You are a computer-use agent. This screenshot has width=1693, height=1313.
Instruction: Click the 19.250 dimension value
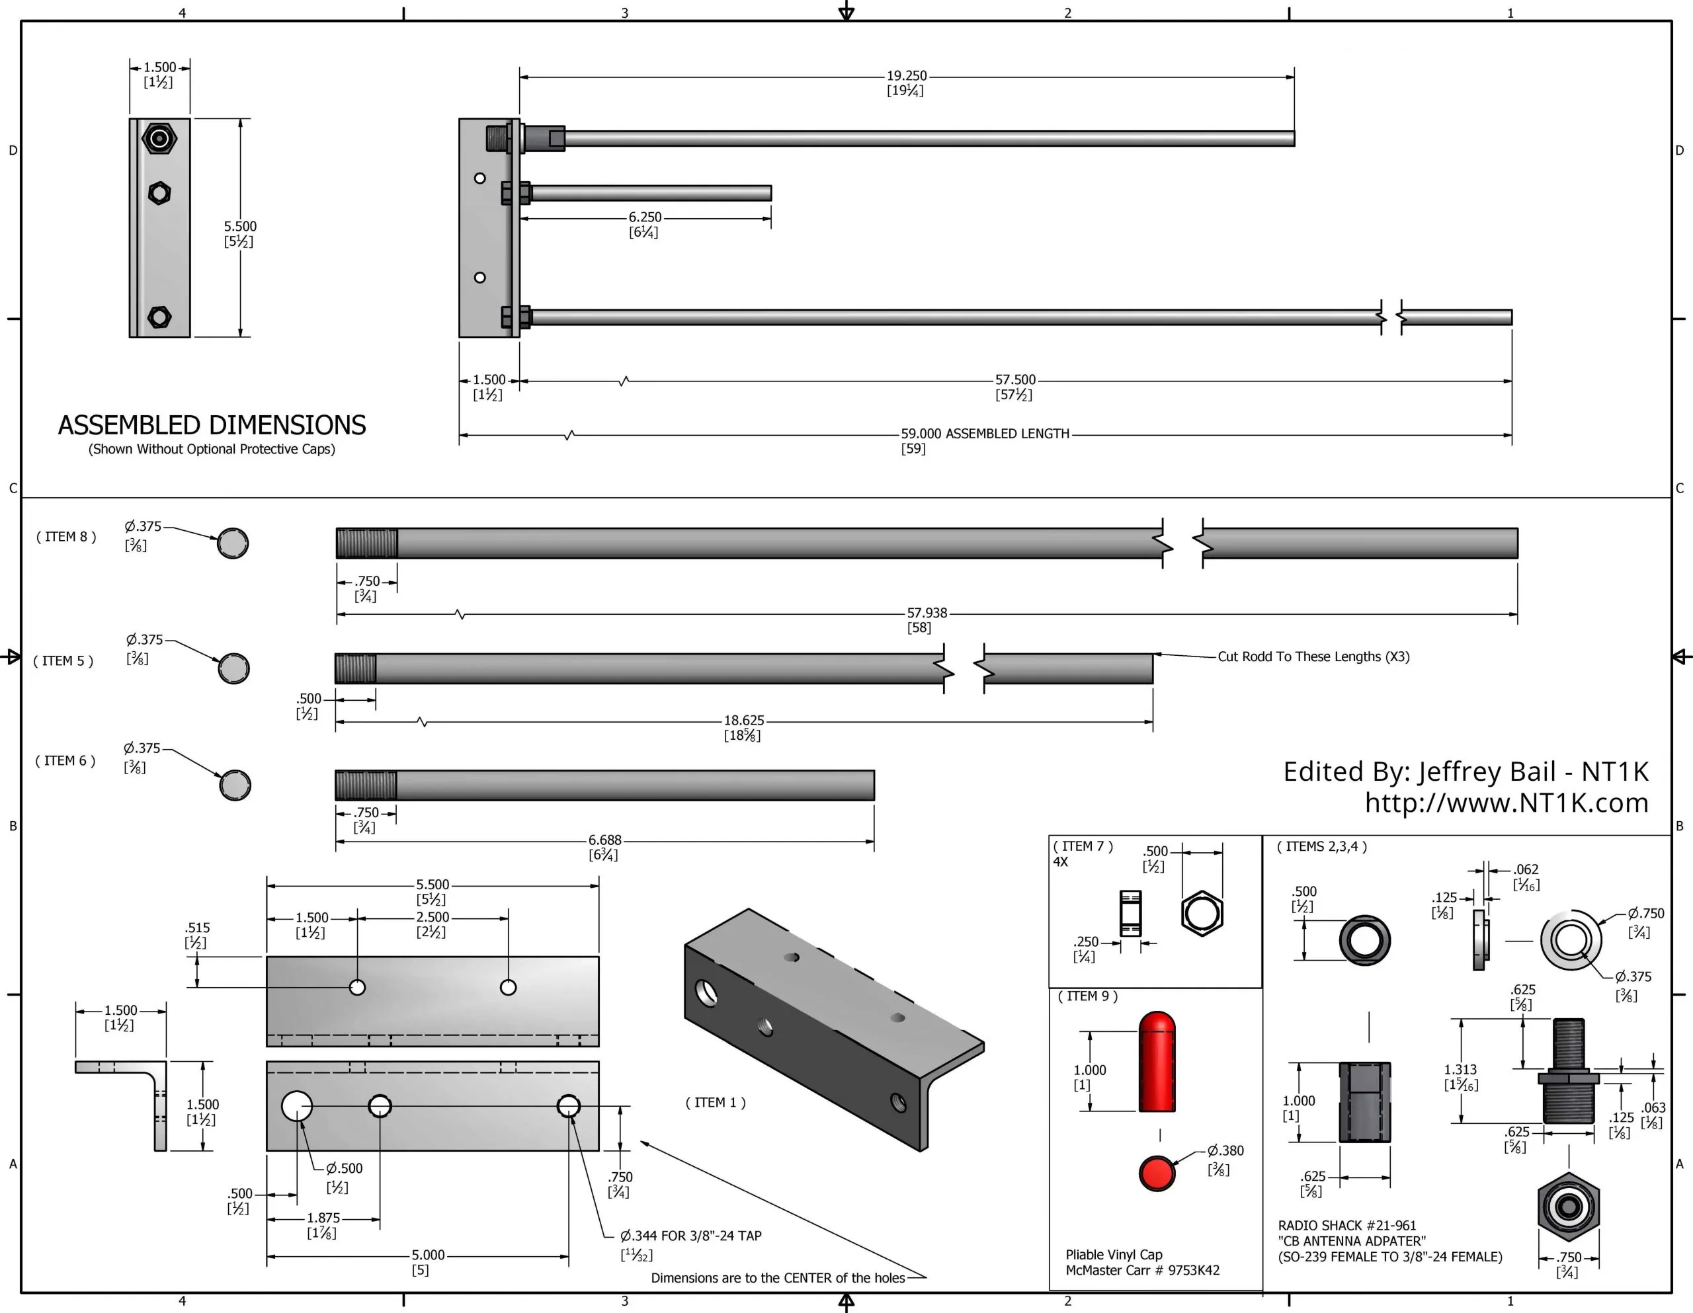pos(906,76)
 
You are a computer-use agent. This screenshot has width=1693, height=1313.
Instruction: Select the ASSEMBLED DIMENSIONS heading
pos(212,426)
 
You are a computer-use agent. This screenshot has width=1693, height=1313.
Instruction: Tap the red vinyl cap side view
pos(1157,1062)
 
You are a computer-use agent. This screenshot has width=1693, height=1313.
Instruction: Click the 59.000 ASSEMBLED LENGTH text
pos(985,434)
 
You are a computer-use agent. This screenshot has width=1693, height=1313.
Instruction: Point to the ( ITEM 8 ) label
pos(66,536)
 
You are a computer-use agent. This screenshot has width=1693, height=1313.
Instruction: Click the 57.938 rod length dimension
pos(927,613)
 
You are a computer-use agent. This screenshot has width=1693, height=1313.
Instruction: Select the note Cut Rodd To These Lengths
pos(1313,656)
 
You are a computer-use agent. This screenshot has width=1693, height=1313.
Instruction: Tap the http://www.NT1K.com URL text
pos(1507,803)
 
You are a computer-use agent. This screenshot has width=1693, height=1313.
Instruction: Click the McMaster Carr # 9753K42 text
pos(1142,1271)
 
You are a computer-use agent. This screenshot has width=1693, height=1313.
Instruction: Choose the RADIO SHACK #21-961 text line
pos(1346,1226)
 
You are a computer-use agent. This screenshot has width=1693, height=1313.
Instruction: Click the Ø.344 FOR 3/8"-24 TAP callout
pos(690,1236)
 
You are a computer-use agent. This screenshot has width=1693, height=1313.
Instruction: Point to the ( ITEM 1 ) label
pos(715,1102)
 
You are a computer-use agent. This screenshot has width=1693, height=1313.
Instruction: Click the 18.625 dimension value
pos(743,721)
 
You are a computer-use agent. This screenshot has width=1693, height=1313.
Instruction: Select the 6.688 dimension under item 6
pos(604,840)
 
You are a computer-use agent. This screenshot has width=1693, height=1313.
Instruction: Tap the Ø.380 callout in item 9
pos(1225,1150)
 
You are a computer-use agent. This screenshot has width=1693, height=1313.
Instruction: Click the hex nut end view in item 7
pos(1202,914)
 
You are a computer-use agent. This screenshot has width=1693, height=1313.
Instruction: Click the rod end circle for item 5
pos(233,668)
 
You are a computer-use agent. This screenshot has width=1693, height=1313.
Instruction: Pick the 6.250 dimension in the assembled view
pos(644,218)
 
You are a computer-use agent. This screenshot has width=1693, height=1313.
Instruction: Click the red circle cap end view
pos(1157,1173)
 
